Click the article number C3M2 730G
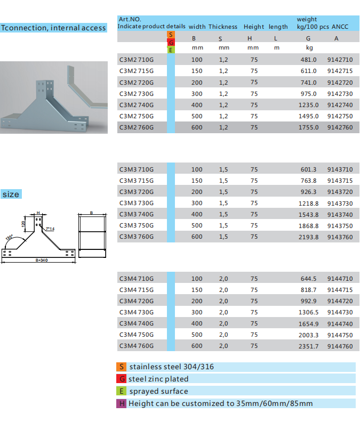click(x=137, y=94)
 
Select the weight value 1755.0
click(x=308, y=127)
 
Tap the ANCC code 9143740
click(x=340, y=215)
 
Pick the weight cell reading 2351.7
click(x=308, y=346)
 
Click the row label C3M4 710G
click(x=137, y=279)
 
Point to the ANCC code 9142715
click(x=340, y=71)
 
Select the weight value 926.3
click(x=308, y=192)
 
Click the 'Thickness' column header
click(x=223, y=27)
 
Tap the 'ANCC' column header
click(x=340, y=27)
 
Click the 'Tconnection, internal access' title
click(x=53, y=28)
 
